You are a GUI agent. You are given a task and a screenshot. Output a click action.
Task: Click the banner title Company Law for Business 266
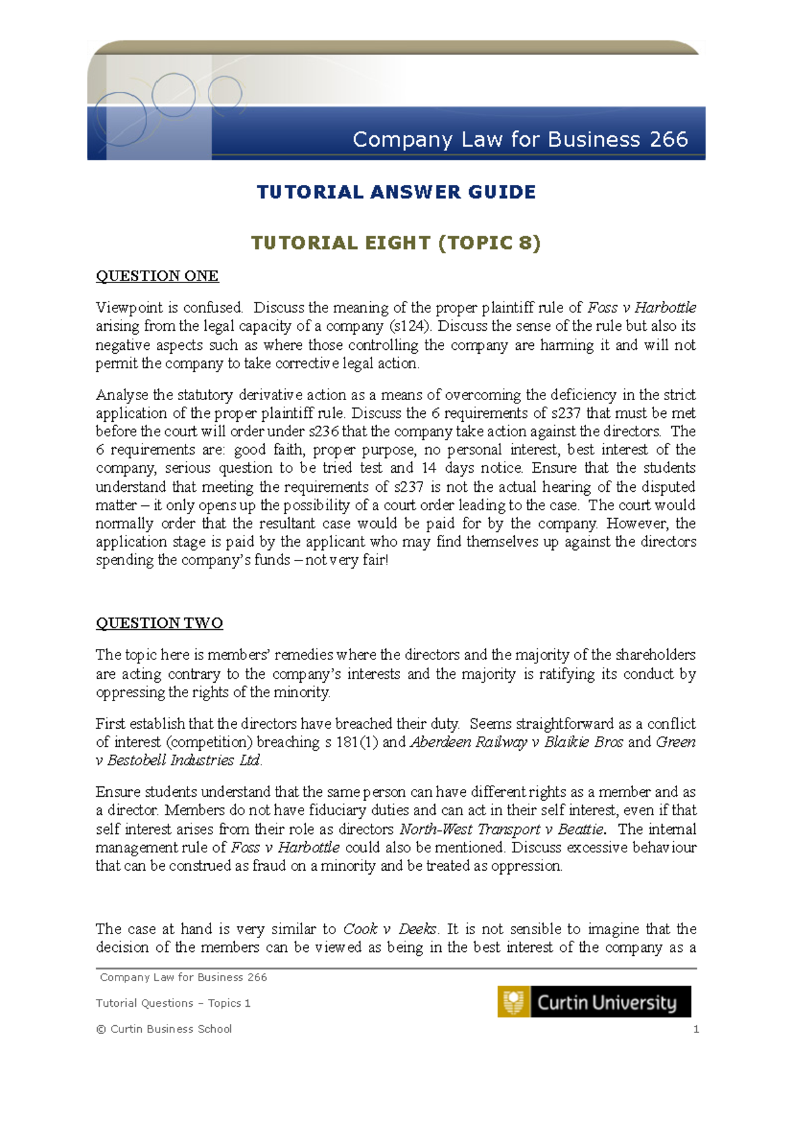point(520,139)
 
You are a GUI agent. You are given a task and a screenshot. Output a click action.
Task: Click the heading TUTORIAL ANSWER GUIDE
point(396,192)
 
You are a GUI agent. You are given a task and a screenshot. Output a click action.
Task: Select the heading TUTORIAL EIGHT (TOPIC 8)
point(396,243)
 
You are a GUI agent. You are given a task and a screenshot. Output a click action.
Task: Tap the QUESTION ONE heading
point(157,276)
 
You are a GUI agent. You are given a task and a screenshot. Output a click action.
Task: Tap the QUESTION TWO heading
point(159,623)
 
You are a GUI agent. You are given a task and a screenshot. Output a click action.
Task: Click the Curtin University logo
point(594,1002)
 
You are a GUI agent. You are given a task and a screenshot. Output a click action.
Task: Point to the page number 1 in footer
point(696,1029)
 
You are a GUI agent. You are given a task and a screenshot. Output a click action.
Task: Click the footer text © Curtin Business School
point(164,1029)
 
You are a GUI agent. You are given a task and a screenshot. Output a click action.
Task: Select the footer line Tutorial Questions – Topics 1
point(173,1003)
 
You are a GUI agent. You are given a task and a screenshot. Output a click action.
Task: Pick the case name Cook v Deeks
point(390,929)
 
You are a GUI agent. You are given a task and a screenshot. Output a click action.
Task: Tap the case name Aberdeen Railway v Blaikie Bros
point(517,742)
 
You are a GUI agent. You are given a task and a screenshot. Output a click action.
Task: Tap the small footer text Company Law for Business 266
point(183,977)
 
